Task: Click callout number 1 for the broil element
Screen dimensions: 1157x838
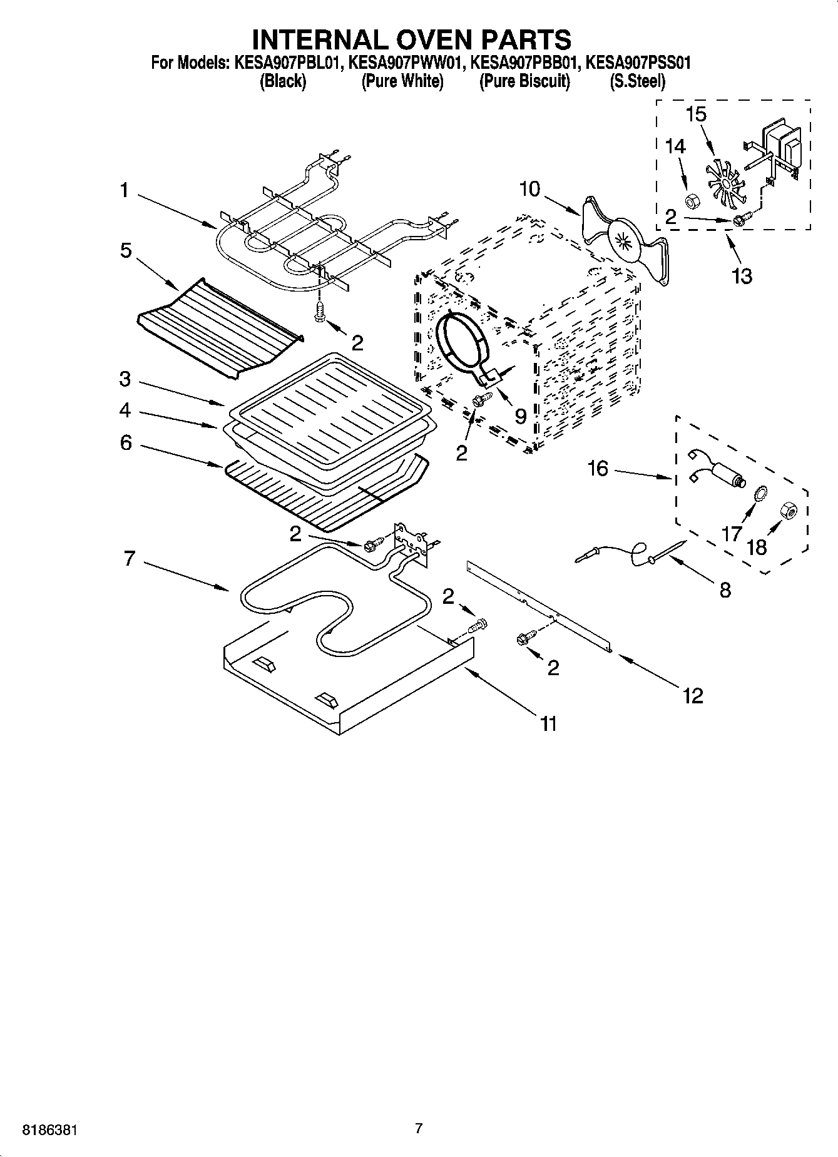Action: (x=124, y=190)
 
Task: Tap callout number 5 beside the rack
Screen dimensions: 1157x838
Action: (x=126, y=250)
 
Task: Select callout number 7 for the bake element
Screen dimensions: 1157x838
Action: (x=130, y=558)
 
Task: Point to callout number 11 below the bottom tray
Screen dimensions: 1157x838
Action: (x=548, y=724)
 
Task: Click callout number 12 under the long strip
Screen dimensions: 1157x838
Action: (x=693, y=695)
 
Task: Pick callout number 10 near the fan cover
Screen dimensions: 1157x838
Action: (x=529, y=188)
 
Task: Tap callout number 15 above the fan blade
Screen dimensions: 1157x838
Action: (x=696, y=115)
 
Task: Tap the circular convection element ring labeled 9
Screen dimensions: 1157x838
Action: (x=462, y=343)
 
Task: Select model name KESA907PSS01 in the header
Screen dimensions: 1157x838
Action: (x=638, y=63)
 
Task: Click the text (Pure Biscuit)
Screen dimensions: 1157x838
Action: (x=524, y=81)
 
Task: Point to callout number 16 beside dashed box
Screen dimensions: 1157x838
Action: (x=598, y=468)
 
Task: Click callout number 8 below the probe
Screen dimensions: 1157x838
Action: (x=725, y=590)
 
